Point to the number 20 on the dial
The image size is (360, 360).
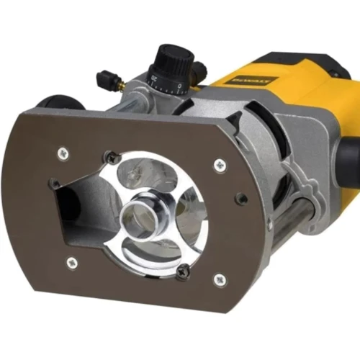click(154, 76)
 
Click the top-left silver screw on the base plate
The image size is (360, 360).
click(66, 152)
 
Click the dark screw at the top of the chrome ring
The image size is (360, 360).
click(111, 158)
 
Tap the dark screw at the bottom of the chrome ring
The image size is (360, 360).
click(184, 271)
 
